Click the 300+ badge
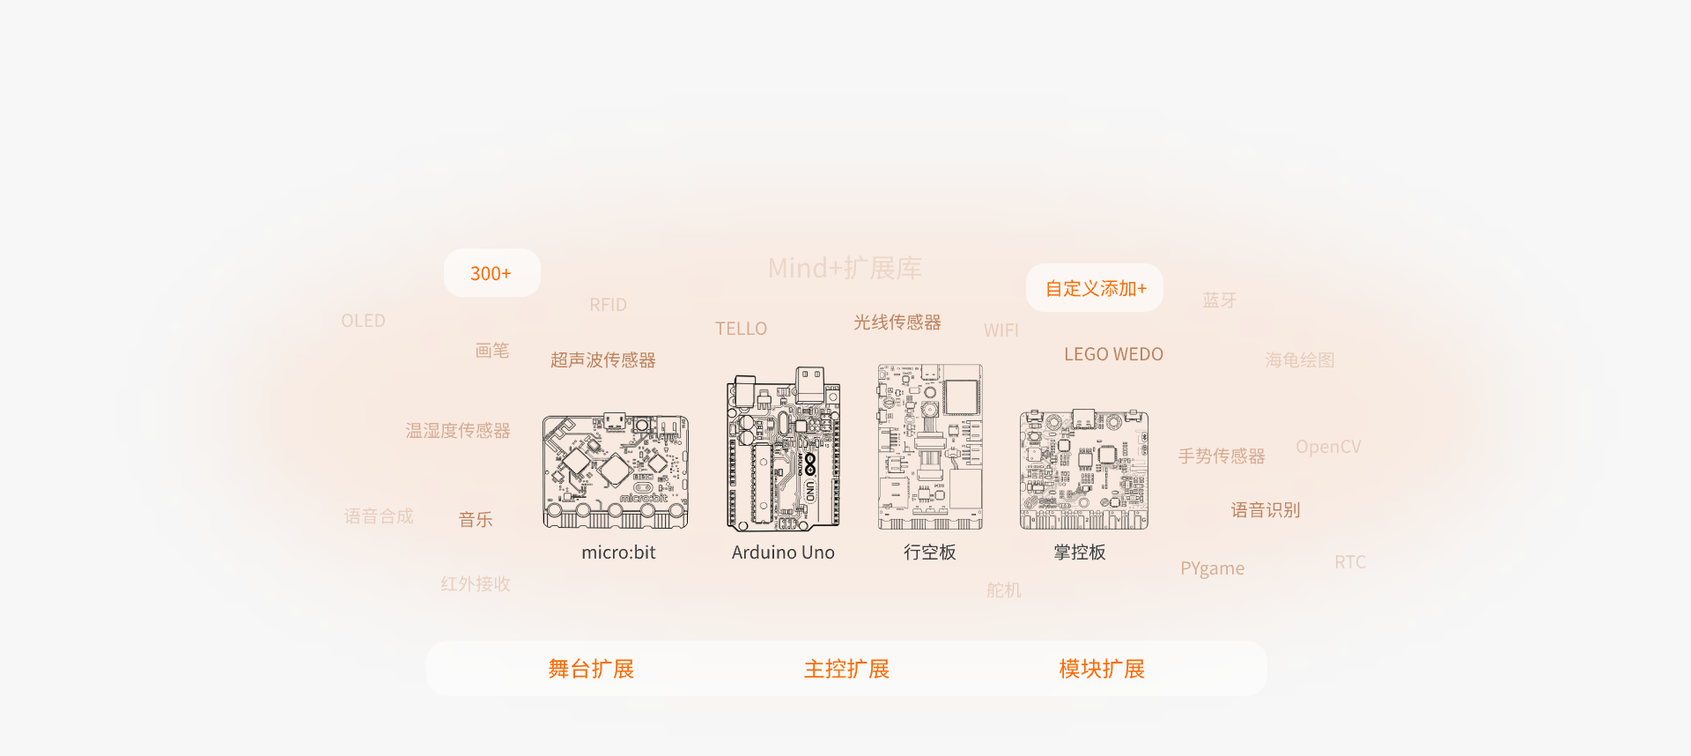[x=491, y=273]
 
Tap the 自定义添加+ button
[x=1095, y=288]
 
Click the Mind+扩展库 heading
[x=844, y=268]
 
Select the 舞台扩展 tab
[x=591, y=669]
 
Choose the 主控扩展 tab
[x=846, y=669]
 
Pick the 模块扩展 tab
[x=1102, y=669]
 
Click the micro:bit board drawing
[x=616, y=471]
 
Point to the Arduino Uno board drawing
[x=783, y=450]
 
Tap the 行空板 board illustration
[x=930, y=447]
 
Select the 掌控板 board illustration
[x=1083, y=469]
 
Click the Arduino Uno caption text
[x=783, y=552]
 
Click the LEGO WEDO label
[x=1113, y=354]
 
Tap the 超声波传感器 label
[x=602, y=359]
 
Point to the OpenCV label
[x=1328, y=447]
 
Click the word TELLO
[x=741, y=329]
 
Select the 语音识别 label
[x=1265, y=509]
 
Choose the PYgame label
[x=1212, y=568]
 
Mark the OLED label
[x=363, y=321]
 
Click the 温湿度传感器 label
[x=457, y=430]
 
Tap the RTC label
[x=1349, y=562]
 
